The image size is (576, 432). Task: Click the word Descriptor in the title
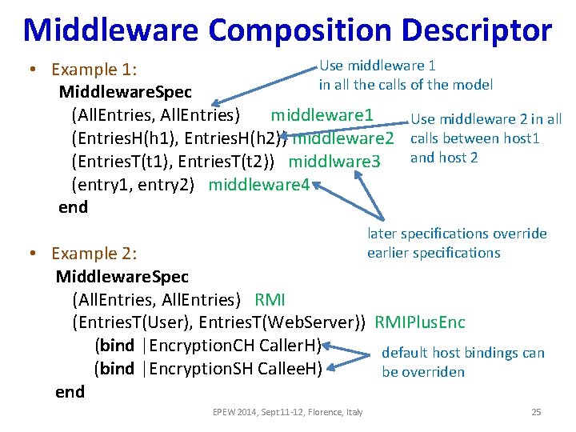tap(478, 30)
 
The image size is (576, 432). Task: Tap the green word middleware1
tap(322, 115)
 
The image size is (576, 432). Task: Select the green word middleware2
tap(344, 138)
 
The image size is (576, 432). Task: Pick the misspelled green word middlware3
tap(334, 162)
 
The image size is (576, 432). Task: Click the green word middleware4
tap(259, 185)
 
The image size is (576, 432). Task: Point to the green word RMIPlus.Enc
tap(419, 323)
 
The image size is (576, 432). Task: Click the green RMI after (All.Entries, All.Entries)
tap(270, 300)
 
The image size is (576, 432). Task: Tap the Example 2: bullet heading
tap(94, 254)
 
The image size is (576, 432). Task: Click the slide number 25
tap(536, 412)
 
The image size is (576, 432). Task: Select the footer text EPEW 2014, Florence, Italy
tap(287, 412)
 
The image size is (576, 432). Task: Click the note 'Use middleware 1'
tap(378, 66)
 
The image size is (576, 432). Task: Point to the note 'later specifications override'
tap(457, 234)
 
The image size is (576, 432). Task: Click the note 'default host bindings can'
tap(463, 353)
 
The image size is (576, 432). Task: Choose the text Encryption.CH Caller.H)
tap(235, 346)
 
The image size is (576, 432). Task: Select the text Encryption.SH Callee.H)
tap(235, 369)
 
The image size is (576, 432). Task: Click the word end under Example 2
tap(70, 392)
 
